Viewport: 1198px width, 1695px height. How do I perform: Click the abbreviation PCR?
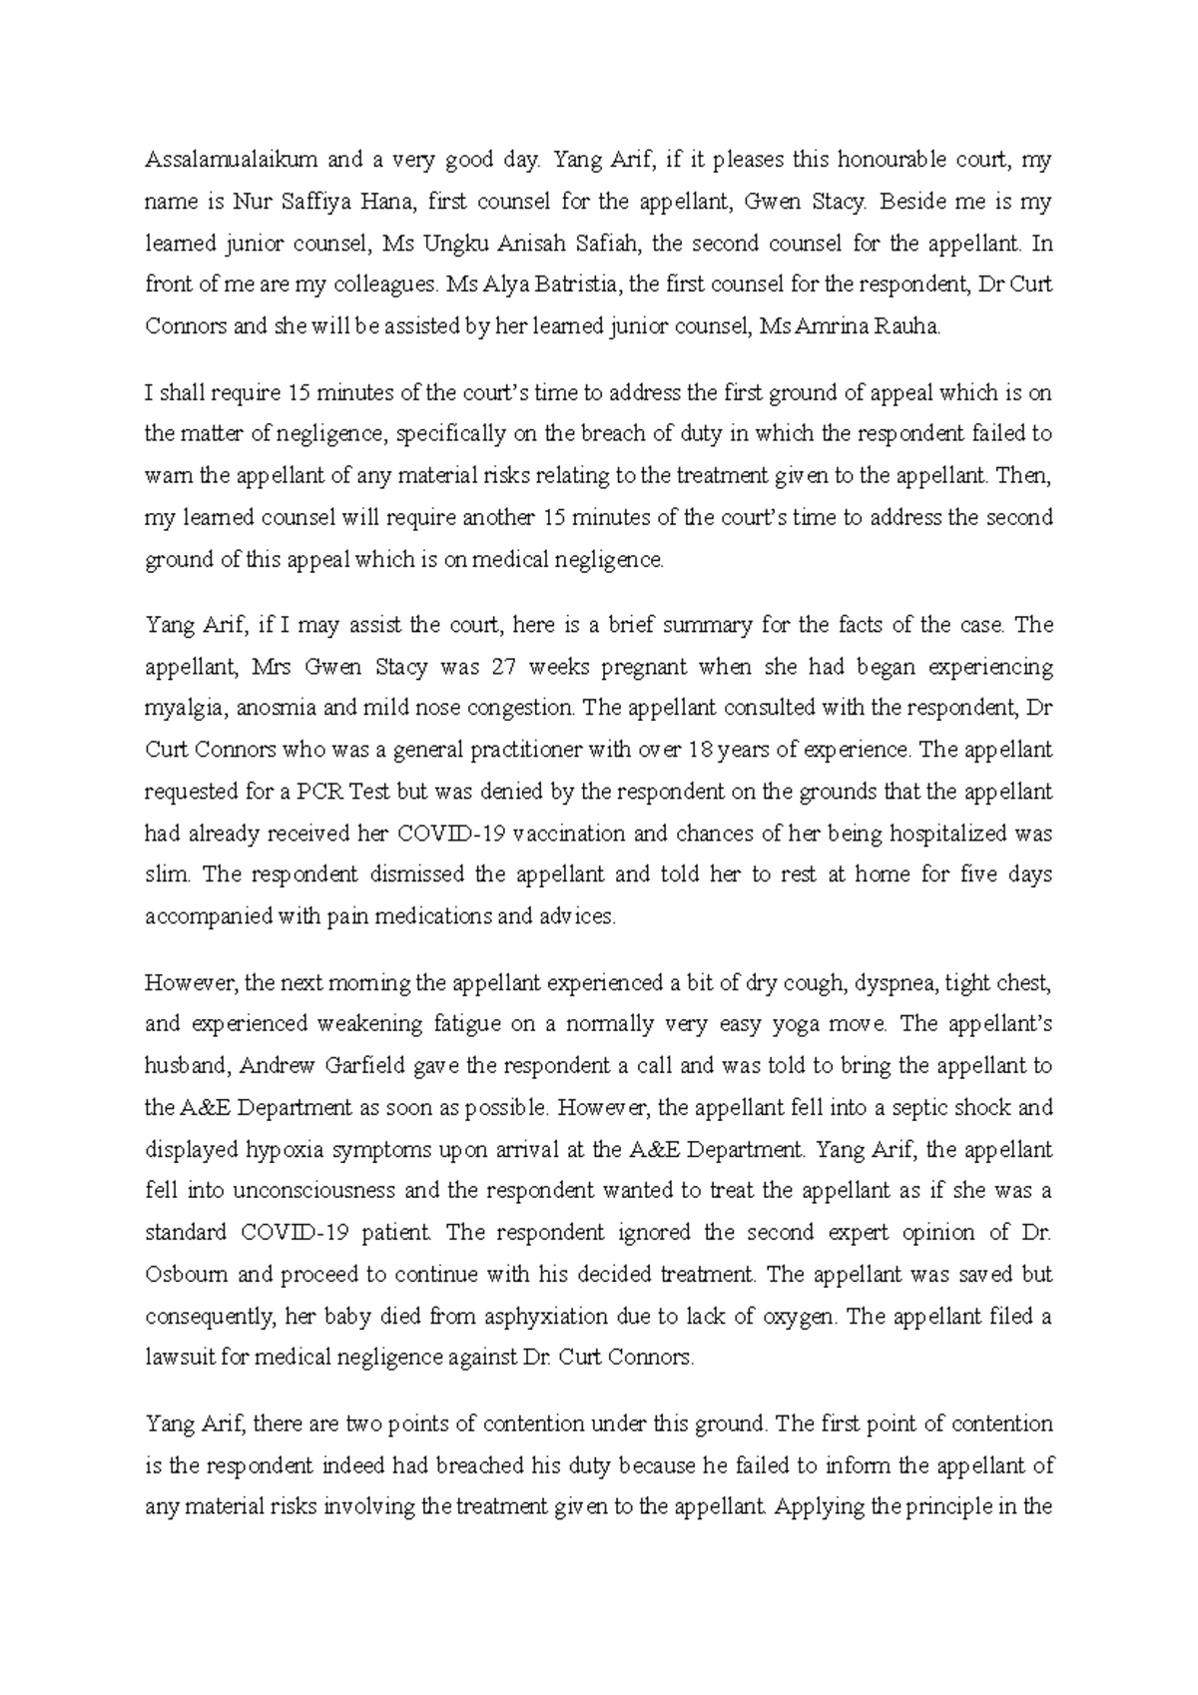[318, 792]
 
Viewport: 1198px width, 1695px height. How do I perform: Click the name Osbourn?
[187, 1275]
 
